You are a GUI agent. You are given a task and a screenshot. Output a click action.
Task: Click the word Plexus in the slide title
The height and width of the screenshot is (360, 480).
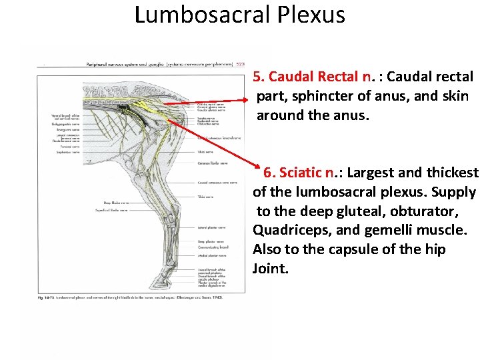coord(308,15)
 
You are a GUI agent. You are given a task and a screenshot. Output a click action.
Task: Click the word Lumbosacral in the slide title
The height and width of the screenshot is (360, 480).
coord(199,15)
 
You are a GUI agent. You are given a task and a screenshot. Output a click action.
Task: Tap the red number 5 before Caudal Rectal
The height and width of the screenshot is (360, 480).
coord(257,77)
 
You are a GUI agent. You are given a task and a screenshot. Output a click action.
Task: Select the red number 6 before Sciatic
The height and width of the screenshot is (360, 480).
coord(268,173)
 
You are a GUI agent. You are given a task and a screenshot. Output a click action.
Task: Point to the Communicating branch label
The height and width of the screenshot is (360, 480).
coord(212,247)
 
